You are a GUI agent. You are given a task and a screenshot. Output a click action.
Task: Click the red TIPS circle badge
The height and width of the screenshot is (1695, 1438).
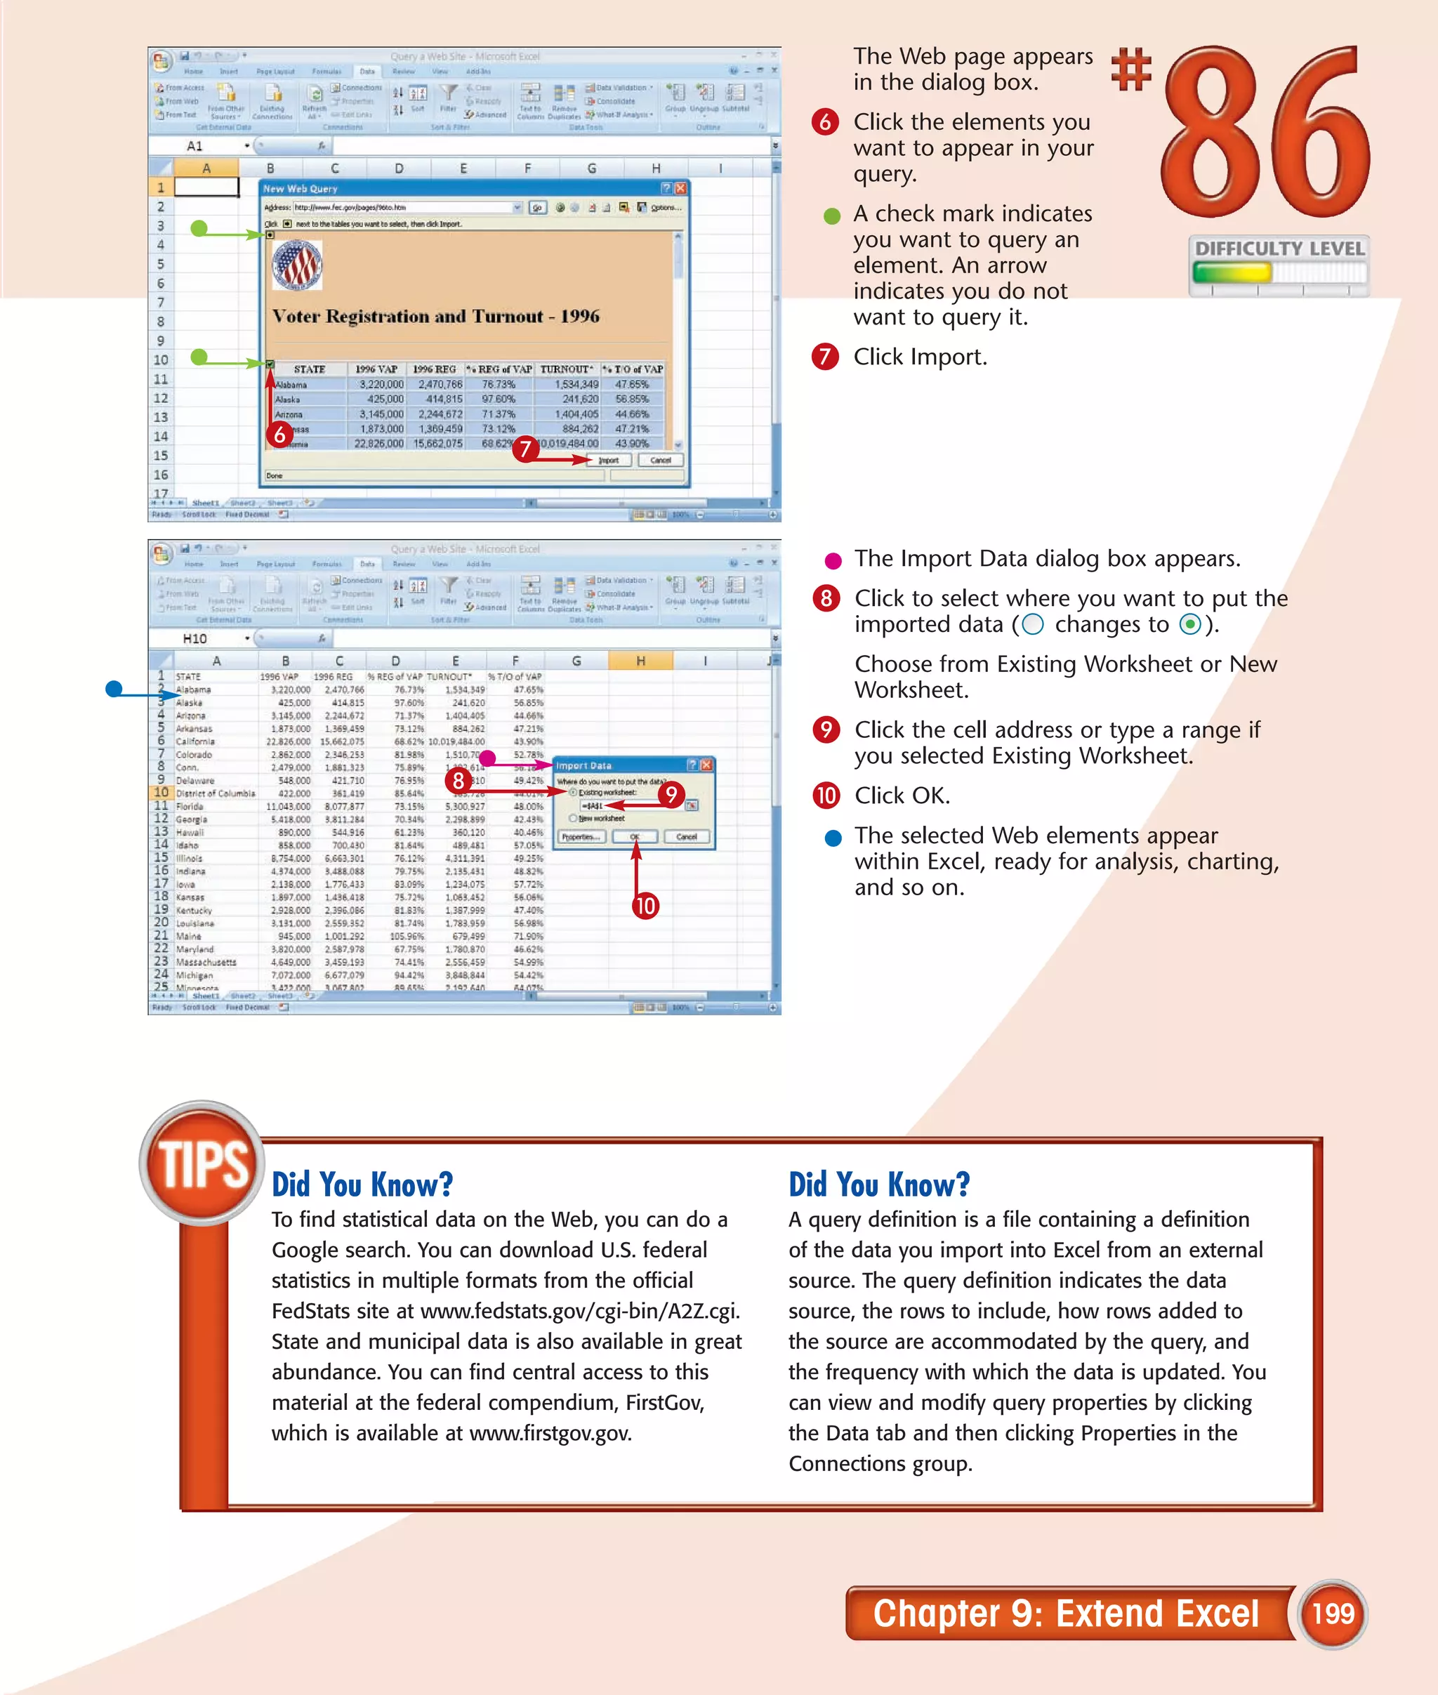(x=202, y=1163)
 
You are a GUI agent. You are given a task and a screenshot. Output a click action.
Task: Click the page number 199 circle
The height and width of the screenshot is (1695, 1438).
(x=1332, y=1614)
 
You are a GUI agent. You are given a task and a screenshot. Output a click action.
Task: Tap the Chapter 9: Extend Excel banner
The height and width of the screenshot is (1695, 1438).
(x=1065, y=1614)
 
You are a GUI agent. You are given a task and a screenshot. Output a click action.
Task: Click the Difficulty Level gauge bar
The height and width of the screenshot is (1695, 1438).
(x=1278, y=272)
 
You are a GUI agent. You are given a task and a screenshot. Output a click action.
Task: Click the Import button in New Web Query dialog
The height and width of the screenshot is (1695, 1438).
(x=608, y=461)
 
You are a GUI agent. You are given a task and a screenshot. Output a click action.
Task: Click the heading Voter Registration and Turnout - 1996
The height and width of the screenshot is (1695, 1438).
(x=435, y=317)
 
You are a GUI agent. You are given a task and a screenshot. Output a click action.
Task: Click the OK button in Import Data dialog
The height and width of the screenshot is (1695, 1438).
(x=635, y=836)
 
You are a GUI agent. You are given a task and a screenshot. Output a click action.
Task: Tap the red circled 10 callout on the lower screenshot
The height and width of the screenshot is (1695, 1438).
(x=645, y=906)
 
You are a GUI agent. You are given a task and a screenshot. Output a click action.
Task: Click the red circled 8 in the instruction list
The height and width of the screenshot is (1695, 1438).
(x=826, y=598)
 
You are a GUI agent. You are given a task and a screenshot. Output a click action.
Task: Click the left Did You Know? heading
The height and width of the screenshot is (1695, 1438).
(x=362, y=1185)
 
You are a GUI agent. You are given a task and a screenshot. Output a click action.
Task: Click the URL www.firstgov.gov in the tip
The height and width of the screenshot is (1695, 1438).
(x=550, y=1433)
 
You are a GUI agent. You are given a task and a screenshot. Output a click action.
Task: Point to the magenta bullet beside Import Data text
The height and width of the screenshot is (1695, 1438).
(x=832, y=560)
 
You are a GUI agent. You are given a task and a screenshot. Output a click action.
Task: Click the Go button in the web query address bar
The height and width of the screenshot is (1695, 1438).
(x=537, y=208)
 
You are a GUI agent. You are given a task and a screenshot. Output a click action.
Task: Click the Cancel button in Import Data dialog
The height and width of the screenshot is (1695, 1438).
(x=687, y=836)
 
